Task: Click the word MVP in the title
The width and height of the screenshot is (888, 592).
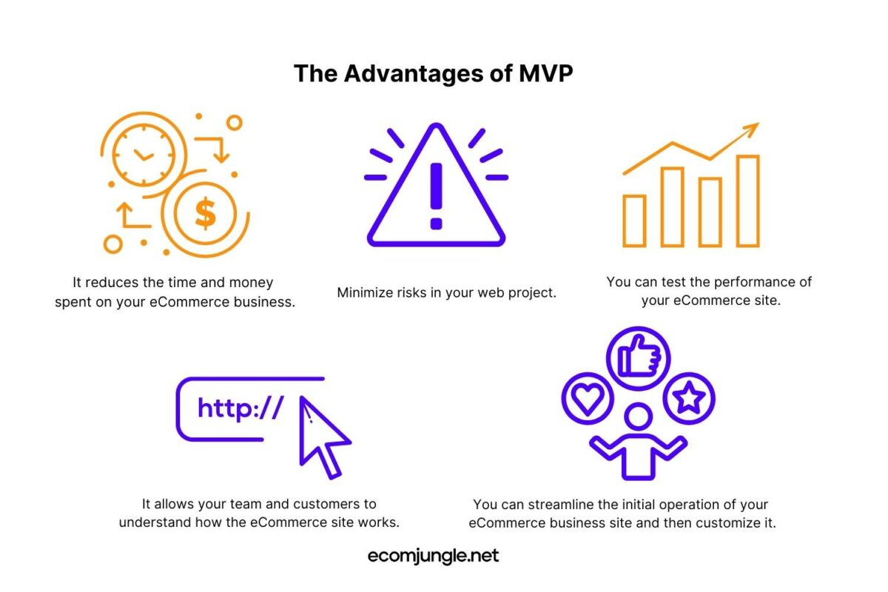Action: [545, 73]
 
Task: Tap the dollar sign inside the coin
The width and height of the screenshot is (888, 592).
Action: [206, 213]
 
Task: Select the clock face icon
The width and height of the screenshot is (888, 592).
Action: [144, 155]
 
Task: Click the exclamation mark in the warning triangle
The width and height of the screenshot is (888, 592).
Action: [436, 196]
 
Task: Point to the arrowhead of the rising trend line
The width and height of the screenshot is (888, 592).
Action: [752, 129]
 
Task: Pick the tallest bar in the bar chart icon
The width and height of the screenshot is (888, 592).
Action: [748, 201]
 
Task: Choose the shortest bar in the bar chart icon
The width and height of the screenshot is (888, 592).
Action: [634, 221]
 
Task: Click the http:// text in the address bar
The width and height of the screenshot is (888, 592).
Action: [240, 408]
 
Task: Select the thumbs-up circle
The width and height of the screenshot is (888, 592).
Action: [638, 358]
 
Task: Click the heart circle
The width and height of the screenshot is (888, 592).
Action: [588, 398]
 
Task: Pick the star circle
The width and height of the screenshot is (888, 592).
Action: [689, 398]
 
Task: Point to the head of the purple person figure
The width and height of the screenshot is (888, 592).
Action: [638, 417]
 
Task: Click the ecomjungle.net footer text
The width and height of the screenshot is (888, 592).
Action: [434, 556]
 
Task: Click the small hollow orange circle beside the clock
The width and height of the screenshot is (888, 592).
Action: [235, 123]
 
